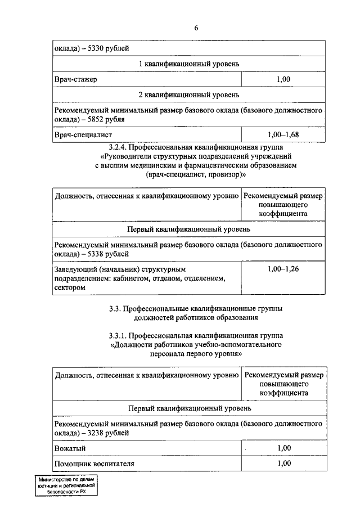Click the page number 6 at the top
tap(196, 28)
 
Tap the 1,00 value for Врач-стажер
tap(283, 79)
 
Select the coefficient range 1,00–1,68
tap(283, 134)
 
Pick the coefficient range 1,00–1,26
tap(283, 269)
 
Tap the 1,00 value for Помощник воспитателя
tap(283, 463)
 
